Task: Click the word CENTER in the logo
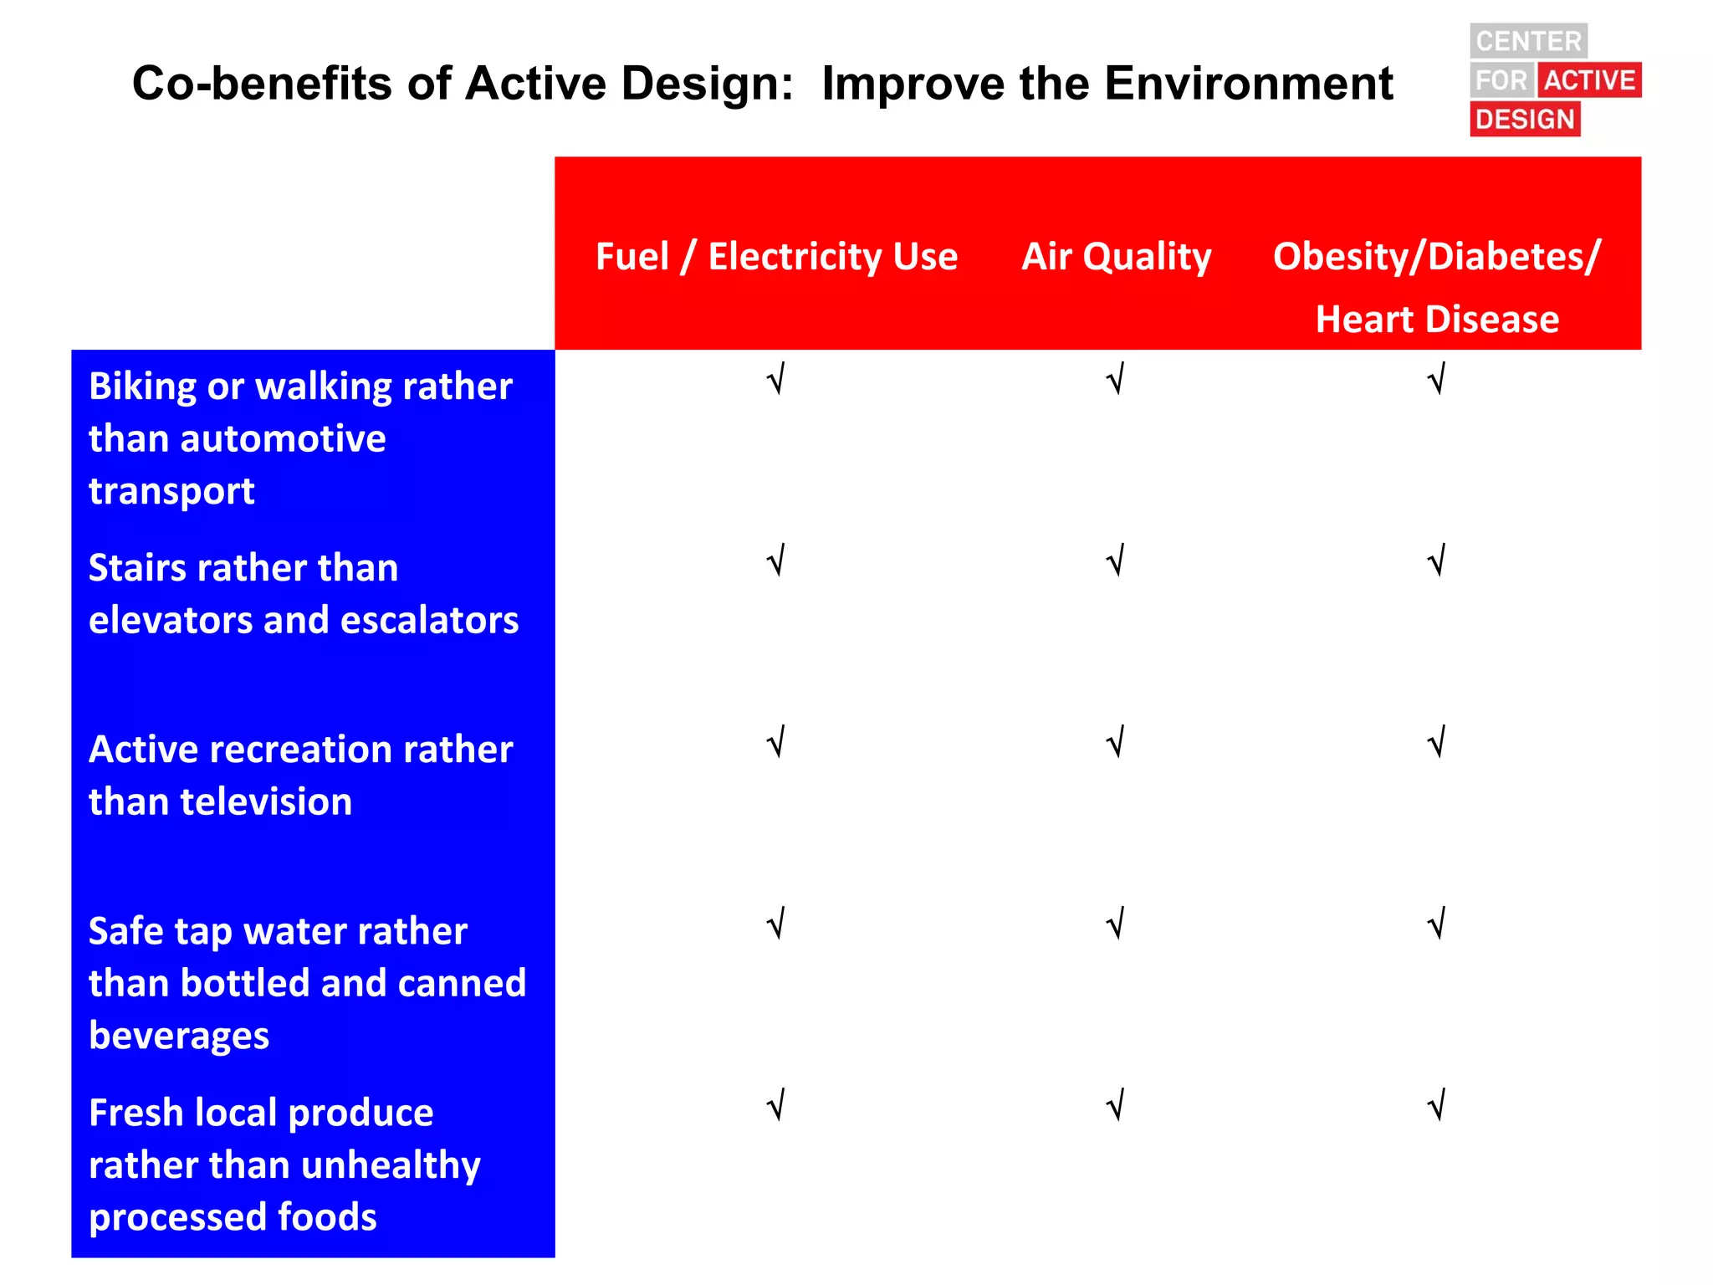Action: pyautogui.click(x=1528, y=41)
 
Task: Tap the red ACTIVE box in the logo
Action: pyautogui.click(x=1588, y=80)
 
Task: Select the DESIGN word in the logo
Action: pyautogui.click(x=1525, y=120)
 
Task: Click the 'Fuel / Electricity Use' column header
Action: pyautogui.click(x=776, y=256)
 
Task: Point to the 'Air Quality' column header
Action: pyautogui.click(x=1116, y=256)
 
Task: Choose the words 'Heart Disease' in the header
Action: pyautogui.click(x=1436, y=320)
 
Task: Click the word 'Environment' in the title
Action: pyautogui.click(x=1249, y=84)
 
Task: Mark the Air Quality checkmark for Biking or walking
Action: pyautogui.click(x=1115, y=380)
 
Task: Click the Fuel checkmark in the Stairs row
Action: pyautogui.click(x=776, y=561)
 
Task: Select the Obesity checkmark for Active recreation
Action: pyautogui.click(x=1436, y=743)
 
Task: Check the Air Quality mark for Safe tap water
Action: pyautogui.click(x=1115, y=924)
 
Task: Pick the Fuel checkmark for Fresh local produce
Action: pyautogui.click(x=776, y=1106)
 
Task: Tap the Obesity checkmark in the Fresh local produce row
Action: pyautogui.click(x=1436, y=1106)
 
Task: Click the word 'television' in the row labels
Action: pyautogui.click(x=266, y=801)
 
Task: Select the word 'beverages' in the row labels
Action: pyautogui.click(x=179, y=1036)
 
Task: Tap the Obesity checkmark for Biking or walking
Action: pyautogui.click(x=1436, y=380)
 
